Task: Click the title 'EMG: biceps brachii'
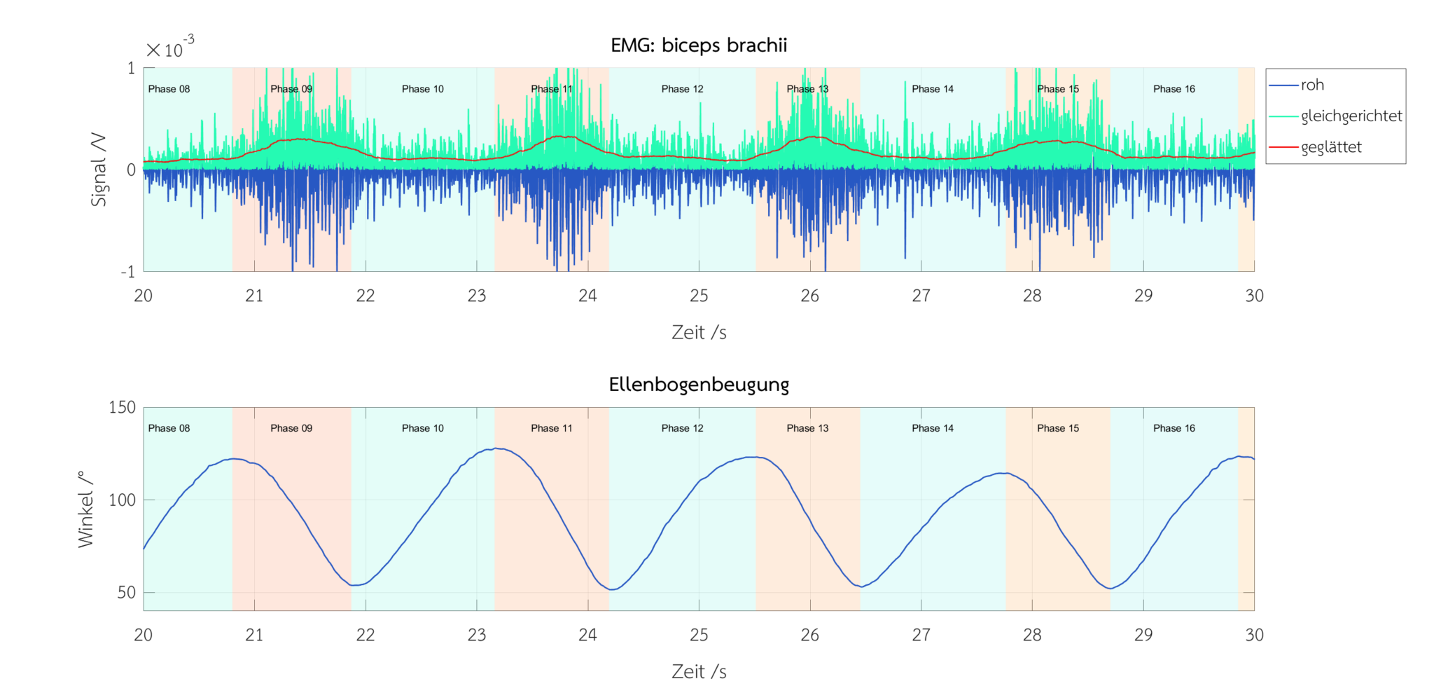[699, 46]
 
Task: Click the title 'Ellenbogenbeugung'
[699, 385]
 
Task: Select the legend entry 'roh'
[1312, 85]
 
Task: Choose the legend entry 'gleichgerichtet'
[1351, 116]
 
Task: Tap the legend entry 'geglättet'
[1331, 147]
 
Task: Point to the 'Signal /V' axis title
[99, 170]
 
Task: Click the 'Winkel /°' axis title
[85, 509]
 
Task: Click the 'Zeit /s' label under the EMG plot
[699, 332]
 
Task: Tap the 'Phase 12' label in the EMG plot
[682, 89]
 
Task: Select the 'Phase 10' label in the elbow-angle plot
[422, 428]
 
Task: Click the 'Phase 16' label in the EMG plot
[1174, 89]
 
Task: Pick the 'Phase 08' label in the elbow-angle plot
[169, 428]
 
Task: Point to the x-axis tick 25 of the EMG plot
[699, 296]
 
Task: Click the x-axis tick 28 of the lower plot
[1032, 635]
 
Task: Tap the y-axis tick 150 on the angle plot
[122, 407]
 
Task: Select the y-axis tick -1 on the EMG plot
[127, 272]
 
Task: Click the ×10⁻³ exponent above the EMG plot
[170, 48]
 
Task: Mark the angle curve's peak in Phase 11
[496, 448]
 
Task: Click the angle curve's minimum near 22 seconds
[355, 585]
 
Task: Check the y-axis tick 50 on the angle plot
[127, 592]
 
